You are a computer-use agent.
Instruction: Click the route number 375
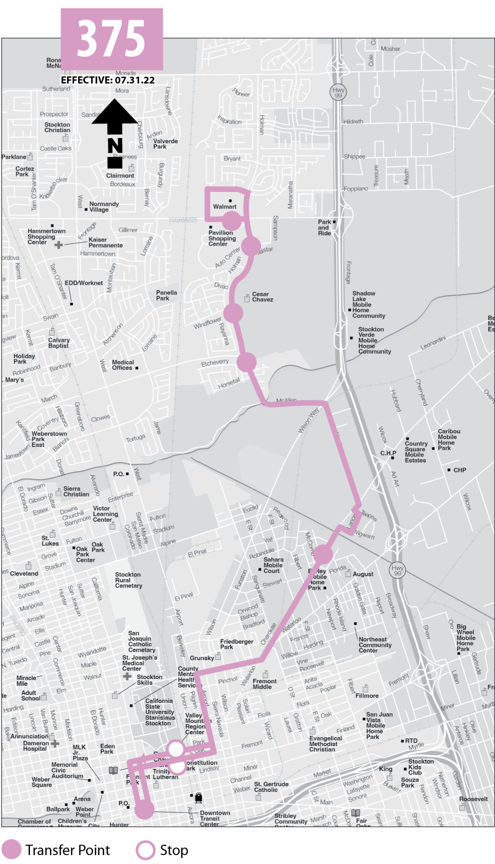[x=111, y=39]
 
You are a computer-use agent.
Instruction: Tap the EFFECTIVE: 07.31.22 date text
[x=108, y=80]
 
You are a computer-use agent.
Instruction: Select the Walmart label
[x=224, y=207]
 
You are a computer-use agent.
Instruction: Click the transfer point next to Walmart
[x=231, y=221]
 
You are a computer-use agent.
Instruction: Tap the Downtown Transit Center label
[x=215, y=818]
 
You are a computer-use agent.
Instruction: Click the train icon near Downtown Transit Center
[x=198, y=797]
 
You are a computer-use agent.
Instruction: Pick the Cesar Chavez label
[x=262, y=297]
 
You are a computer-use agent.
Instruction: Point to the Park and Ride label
[x=324, y=227]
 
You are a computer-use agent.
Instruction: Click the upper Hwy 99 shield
[x=338, y=92]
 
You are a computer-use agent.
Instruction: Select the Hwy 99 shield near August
[x=397, y=570]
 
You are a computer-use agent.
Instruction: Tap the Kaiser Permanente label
[x=105, y=243]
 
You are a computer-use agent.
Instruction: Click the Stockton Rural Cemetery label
[x=129, y=580]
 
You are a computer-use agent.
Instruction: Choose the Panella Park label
[x=166, y=295]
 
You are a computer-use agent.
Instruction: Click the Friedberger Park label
[x=237, y=644]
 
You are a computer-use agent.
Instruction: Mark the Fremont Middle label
[x=264, y=684]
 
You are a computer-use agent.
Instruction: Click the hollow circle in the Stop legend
[x=145, y=850]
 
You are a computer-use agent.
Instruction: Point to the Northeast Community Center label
[x=375, y=645]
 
